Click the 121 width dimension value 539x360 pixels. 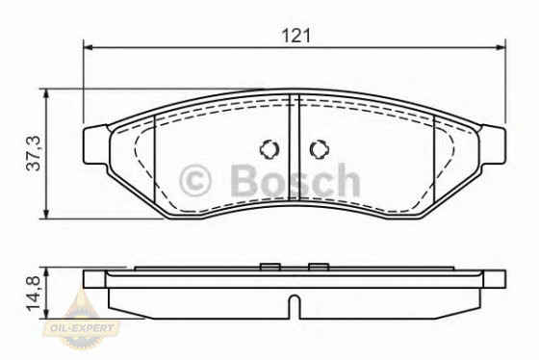[295, 35]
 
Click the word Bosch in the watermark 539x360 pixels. [293, 181]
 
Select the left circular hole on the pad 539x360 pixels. [269, 150]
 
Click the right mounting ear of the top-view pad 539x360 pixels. [494, 144]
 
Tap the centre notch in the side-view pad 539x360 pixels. [295, 306]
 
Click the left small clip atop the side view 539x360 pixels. [270, 266]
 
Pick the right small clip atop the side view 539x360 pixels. [319, 266]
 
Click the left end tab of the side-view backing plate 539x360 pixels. [93, 280]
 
